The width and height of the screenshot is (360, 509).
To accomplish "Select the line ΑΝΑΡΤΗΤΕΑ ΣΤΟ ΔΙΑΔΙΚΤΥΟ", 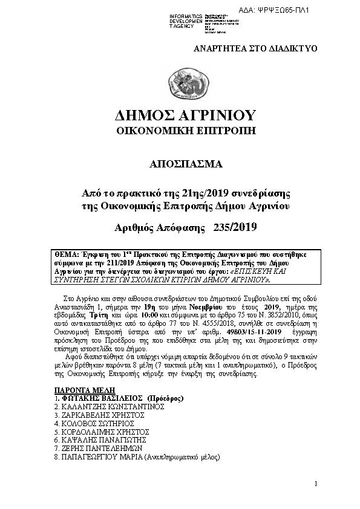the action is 255,48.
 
